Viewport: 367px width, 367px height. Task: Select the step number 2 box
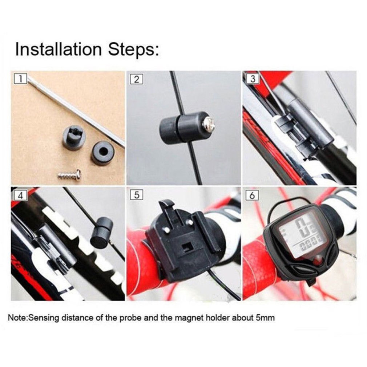[136, 79]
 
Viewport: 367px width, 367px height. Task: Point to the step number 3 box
[253, 79]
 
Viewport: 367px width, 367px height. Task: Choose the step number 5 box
[136, 195]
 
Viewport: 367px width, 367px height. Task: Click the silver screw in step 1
[70, 175]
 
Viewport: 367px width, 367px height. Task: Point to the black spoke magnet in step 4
[102, 233]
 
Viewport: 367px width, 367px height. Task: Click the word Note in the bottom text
[17, 318]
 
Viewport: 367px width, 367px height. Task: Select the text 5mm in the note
[265, 318]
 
